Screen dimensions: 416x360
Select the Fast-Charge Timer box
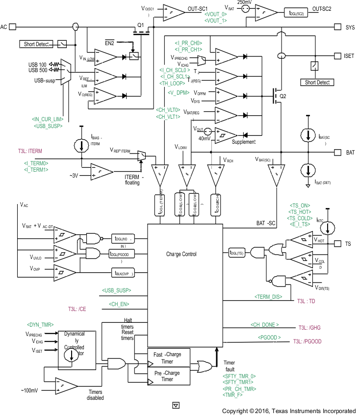click(167, 358)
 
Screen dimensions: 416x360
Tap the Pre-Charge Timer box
click(167, 376)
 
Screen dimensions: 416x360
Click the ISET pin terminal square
click(337, 56)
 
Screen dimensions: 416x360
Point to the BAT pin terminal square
click(337, 153)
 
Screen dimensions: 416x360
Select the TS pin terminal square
click(337, 244)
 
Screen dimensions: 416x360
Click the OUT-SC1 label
click(198, 9)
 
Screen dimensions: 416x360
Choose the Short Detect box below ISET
click(317, 82)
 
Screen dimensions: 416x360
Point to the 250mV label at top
click(244, 2)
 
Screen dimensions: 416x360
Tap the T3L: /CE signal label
click(77, 309)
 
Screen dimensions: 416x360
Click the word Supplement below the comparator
click(244, 142)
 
